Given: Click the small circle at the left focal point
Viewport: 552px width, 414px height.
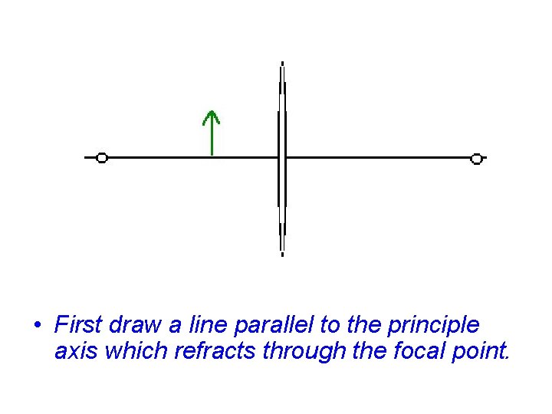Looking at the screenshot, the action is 102,158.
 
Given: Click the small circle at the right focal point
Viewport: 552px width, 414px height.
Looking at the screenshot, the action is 476,159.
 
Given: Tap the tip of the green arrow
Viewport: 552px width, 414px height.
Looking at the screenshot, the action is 211,111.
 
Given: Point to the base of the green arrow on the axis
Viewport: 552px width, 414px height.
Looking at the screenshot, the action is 211,156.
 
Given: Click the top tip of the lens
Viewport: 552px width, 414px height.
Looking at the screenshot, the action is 282,63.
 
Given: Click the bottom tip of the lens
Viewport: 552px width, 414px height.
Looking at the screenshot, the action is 282,253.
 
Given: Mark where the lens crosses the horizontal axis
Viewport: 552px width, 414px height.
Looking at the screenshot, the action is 282,158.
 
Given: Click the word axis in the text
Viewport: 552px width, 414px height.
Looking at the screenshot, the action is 74,352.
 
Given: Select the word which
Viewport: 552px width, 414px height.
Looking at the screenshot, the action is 131,352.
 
